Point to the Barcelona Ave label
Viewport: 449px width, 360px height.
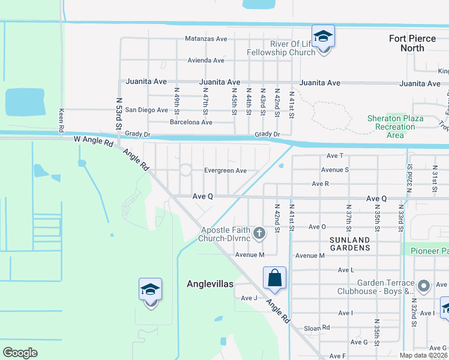pos(191,122)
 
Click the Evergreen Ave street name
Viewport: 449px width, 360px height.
pos(225,171)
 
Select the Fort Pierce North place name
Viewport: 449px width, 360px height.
pos(415,43)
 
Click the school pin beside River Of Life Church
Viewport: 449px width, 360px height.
pos(323,37)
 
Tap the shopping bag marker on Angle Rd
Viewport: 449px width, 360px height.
pos(274,278)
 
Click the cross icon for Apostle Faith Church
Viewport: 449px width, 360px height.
pos(259,233)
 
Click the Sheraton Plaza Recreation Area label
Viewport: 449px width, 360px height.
pos(395,127)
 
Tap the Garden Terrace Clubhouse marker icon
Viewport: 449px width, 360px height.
pos(424,286)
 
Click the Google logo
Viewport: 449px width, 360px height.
pos(20,353)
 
